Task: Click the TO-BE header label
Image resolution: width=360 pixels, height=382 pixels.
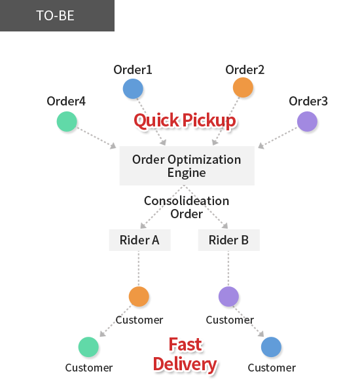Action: (x=55, y=16)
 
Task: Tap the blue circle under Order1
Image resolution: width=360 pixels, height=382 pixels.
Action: (x=133, y=88)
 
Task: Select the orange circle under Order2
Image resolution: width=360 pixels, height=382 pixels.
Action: (x=243, y=87)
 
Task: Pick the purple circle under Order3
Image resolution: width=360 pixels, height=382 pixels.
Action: (x=307, y=122)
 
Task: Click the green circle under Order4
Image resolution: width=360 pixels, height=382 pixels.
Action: (x=67, y=122)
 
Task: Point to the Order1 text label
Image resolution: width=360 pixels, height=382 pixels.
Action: (x=133, y=69)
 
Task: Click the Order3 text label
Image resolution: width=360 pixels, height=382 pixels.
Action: (x=308, y=101)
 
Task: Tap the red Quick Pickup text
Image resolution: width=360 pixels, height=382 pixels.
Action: (x=185, y=121)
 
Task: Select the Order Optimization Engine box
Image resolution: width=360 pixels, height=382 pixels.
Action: (x=187, y=166)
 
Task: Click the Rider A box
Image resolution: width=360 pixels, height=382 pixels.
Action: (x=139, y=240)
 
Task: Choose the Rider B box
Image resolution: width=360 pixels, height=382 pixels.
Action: (x=229, y=240)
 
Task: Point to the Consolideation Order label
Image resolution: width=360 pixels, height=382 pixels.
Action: (x=187, y=207)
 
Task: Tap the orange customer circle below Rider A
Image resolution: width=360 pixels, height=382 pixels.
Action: (x=139, y=296)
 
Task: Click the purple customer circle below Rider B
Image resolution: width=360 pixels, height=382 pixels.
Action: (x=228, y=296)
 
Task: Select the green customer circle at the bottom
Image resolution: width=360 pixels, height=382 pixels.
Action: (x=88, y=347)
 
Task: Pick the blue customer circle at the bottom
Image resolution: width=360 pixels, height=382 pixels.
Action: (x=271, y=347)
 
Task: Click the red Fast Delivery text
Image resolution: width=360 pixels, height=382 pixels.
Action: (x=185, y=354)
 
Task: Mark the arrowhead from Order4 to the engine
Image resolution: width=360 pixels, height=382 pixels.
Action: (x=113, y=146)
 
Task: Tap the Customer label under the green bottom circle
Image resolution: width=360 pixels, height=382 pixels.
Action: (x=89, y=368)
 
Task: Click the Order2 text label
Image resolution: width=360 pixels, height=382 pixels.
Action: (x=245, y=69)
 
